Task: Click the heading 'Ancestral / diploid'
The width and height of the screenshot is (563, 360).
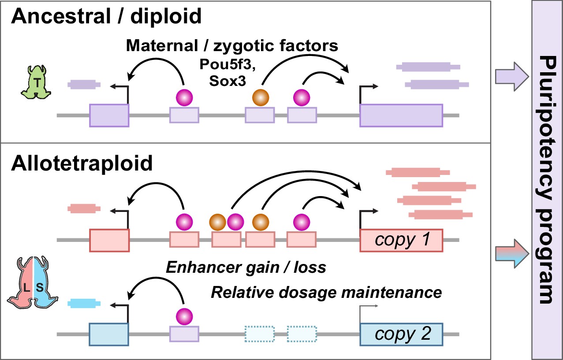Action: [106, 17]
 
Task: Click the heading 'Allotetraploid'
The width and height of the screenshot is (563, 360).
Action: [82, 163]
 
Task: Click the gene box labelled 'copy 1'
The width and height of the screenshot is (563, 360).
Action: [401, 240]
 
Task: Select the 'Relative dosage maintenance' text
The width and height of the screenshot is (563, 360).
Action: [326, 292]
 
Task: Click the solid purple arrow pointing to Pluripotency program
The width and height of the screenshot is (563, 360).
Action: [511, 78]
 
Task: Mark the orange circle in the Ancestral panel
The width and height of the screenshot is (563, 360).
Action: [260, 97]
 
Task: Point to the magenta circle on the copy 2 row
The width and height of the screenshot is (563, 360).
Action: [184, 316]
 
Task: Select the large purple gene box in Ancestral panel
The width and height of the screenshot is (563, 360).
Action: [401, 115]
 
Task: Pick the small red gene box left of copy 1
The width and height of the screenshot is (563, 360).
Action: [109, 240]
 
